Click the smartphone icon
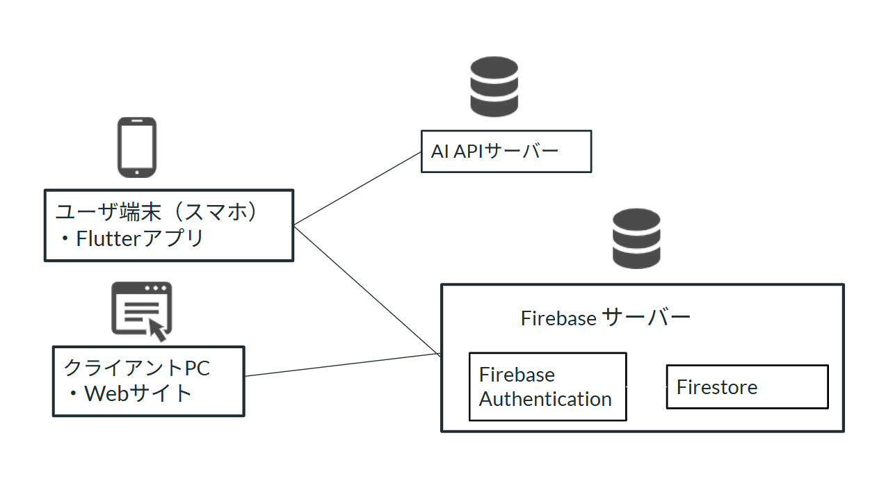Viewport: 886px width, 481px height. [x=136, y=147]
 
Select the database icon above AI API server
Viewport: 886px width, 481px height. [x=494, y=87]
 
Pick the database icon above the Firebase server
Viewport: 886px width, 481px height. [x=636, y=238]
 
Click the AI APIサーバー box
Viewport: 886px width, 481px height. [x=506, y=151]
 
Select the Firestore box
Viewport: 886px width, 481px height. [x=747, y=386]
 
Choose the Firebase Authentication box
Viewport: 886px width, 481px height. [x=547, y=386]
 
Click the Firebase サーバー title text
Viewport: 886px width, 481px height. [x=605, y=318]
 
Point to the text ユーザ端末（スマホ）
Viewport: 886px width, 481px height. [x=157, y=212]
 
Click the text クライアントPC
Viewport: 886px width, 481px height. [x=136, y=367]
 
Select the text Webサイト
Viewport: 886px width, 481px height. [x=138, y=393]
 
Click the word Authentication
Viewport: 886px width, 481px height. [x=545, y=400]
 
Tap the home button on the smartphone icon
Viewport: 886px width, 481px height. [x=136, y=172]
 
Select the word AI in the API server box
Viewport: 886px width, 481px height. [x=440, y=151]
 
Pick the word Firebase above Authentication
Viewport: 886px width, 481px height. [x=517, y=375]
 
